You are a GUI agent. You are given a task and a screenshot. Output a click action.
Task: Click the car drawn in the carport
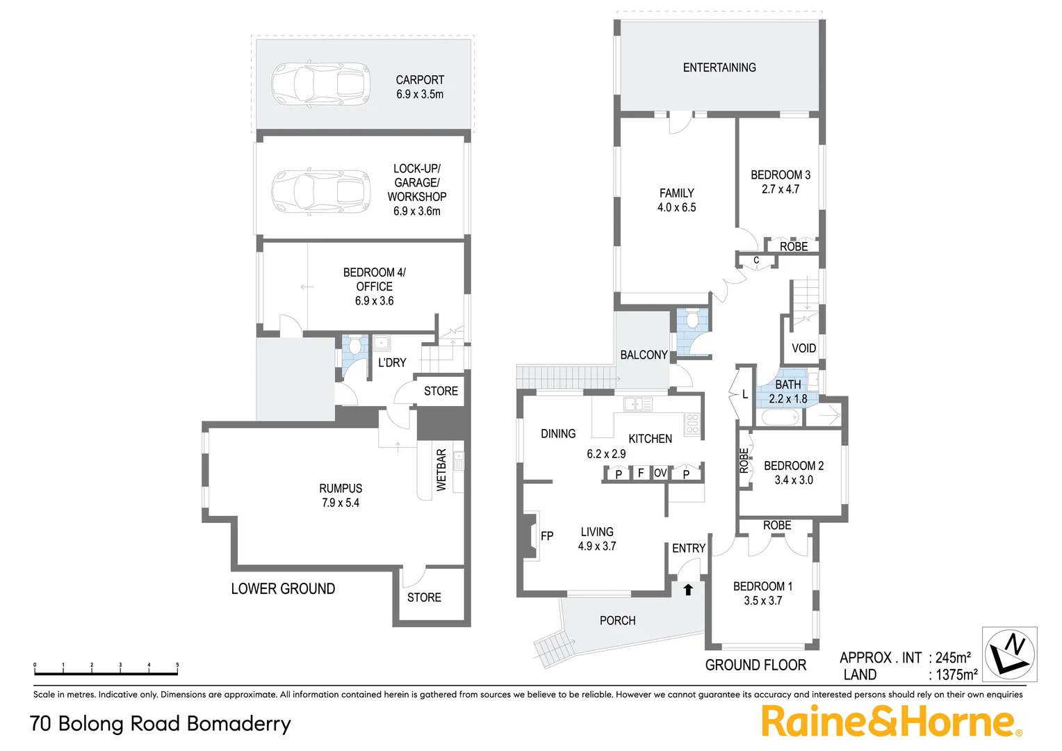320,84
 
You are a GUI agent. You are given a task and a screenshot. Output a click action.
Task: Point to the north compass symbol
1009,654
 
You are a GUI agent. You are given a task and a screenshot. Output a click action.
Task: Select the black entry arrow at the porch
688,590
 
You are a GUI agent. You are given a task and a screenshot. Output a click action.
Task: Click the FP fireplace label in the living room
547,536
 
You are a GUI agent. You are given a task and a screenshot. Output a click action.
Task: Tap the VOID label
803,348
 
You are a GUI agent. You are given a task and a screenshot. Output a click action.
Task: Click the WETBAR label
441,470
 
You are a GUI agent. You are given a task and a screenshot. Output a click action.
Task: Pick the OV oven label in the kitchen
660,473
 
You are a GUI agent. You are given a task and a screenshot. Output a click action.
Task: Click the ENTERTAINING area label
719,67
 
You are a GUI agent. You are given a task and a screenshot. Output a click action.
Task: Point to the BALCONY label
644,355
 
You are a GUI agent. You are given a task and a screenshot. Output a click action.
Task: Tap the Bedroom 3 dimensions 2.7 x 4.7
781,189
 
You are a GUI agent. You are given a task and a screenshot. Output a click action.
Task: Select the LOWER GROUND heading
283,589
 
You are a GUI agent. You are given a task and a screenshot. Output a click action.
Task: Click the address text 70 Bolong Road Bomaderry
161,724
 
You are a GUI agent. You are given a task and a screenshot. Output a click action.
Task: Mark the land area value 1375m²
956,675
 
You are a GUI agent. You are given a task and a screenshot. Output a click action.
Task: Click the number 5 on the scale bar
177,665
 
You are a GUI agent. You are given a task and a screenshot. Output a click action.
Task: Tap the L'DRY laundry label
392,362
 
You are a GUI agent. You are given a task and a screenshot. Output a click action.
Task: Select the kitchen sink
637,403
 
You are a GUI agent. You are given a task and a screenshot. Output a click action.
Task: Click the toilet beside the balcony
691,320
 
